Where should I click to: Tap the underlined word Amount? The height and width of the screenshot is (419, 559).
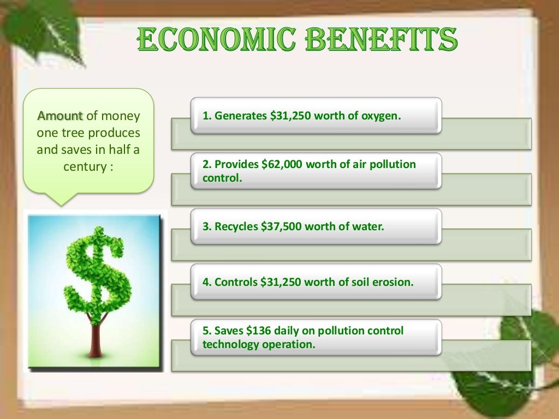(60, 116)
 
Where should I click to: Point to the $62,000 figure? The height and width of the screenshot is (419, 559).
(284, 164)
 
